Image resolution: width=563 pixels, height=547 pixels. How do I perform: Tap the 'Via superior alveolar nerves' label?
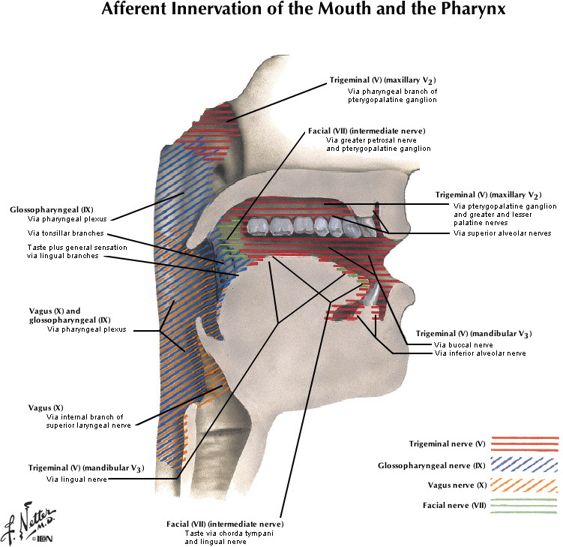point(502,233)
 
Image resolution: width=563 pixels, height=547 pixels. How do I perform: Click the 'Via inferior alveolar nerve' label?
point(480,353)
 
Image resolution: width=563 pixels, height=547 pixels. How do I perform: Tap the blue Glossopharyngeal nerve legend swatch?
point(525,465)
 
